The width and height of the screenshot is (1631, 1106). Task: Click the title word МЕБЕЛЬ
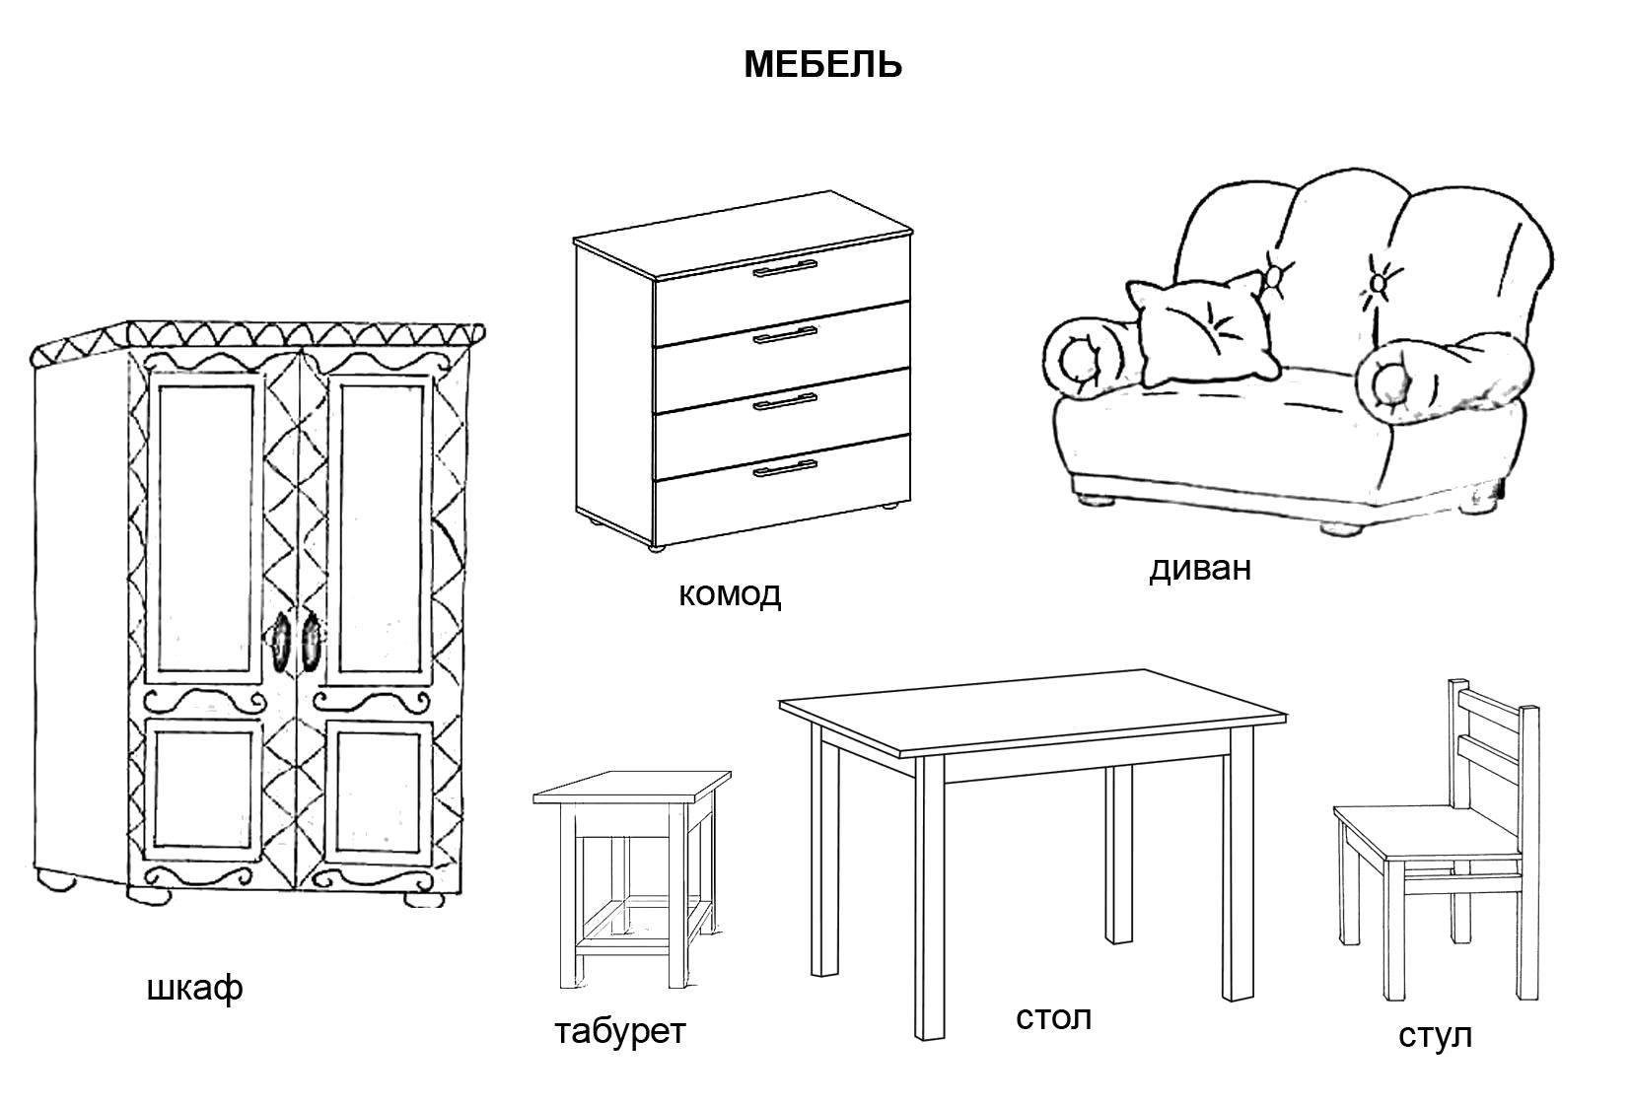tap(822, 65)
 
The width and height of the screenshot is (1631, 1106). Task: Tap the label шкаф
tap(194, 989)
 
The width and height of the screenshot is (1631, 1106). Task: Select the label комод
tap(730, 593)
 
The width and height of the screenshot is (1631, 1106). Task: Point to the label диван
tap(1199, 569)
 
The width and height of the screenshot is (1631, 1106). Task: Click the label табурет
tap(619, 1031)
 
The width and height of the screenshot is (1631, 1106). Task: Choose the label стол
tap(1053, 1016)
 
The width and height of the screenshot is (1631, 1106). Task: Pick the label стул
tap(1435, 1035)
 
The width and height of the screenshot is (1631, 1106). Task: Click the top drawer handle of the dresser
tap(785, 269)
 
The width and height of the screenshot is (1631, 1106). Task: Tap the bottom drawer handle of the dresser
tap(785, 467)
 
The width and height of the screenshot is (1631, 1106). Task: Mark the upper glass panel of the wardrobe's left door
tap(205, 528)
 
